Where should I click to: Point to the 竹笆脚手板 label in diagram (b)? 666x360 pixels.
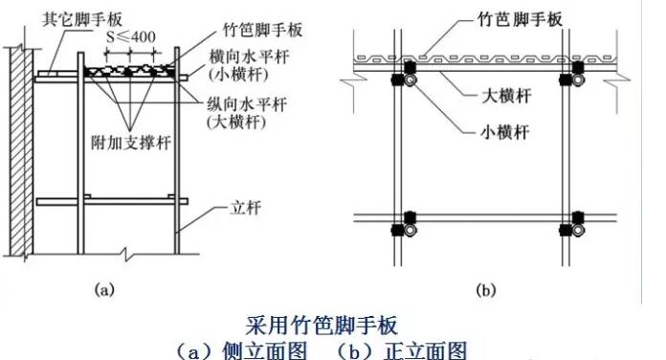[x=512, y=18]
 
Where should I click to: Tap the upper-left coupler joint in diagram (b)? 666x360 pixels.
[x=409, y=75]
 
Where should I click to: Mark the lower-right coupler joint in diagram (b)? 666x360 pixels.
[x=577, y=225]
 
